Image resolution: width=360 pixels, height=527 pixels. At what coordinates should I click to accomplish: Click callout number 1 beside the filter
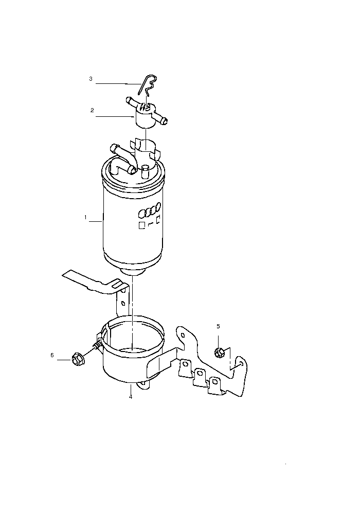click(x=86, y=218)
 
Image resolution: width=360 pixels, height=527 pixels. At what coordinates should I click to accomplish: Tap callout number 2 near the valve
click(x=92, y=110)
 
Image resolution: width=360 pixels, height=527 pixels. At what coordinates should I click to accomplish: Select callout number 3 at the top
click(x=91, y=79)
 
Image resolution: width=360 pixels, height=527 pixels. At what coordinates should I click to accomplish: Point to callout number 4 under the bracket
click(x=131, y=397)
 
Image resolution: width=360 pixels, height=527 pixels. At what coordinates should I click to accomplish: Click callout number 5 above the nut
click(x=218, y=326)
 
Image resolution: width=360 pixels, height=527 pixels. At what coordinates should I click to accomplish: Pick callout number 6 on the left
click(x=52, y=355)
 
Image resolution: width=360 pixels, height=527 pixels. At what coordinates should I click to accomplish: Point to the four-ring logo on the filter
click(x=150, y=210)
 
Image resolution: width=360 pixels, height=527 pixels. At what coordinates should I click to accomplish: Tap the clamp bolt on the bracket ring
click(x=97, y=345)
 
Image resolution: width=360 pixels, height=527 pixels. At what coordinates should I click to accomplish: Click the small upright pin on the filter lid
click(x=145, y=171)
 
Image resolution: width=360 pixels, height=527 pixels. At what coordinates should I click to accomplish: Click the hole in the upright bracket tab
click(x=123, y=304)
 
